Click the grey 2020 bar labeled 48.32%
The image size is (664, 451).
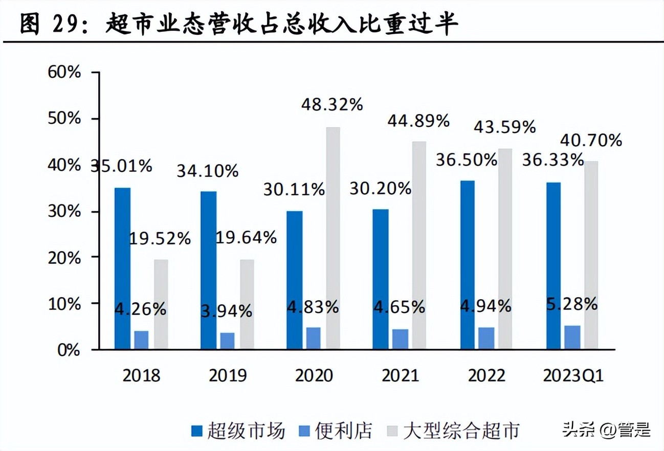(x=333, y=238)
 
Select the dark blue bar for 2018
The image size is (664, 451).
(x=122, y=268)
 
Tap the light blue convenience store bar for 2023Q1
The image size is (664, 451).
(x=572, y=337)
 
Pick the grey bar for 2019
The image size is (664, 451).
(x=247, y=304)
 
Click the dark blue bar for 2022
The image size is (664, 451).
(x=467, y=265)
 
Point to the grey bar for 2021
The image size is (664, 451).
(x=419, y=245)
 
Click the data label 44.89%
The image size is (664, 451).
(x=418, y=121)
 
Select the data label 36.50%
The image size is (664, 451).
(x=467, y=160)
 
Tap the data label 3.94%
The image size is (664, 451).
(x=226, y=310)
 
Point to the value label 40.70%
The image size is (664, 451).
(x=591, y=140)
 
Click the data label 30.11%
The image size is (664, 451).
(x=294, y=190)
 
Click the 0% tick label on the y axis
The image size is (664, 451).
(x=69, y=350)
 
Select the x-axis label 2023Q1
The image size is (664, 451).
(x=573, y=376)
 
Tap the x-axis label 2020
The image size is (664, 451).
(x=314, y=376)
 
